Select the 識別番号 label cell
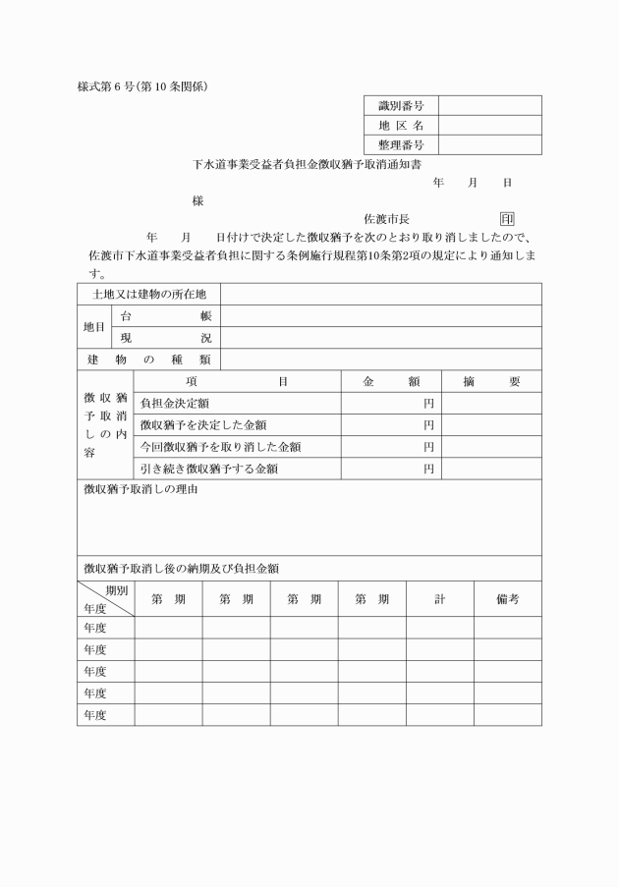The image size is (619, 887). pyautogui.click(x=401, y=106)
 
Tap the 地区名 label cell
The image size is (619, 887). pyautogui.click(x=401, y=126)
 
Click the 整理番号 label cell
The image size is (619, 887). pyautogui.click(x=401, y=145)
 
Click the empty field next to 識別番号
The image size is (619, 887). pyautogui.click(x=489, y=106)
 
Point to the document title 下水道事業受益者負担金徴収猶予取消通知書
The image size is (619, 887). pyautogui.click(x=315, y=165)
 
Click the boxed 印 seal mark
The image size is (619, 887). pyautogui.click(x=507, y=219)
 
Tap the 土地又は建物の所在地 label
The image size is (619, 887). pyautogui.click(x=148, y=295)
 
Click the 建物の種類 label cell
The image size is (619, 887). pyautogui.click(x=148, y=360)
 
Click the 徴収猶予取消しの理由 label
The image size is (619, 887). pyautogui.click(x=141, y=489)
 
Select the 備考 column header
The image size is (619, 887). pyautogui.click(x=507, y=599)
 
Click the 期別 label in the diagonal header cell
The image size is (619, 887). pyautogui.click(x=116, y=590)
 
